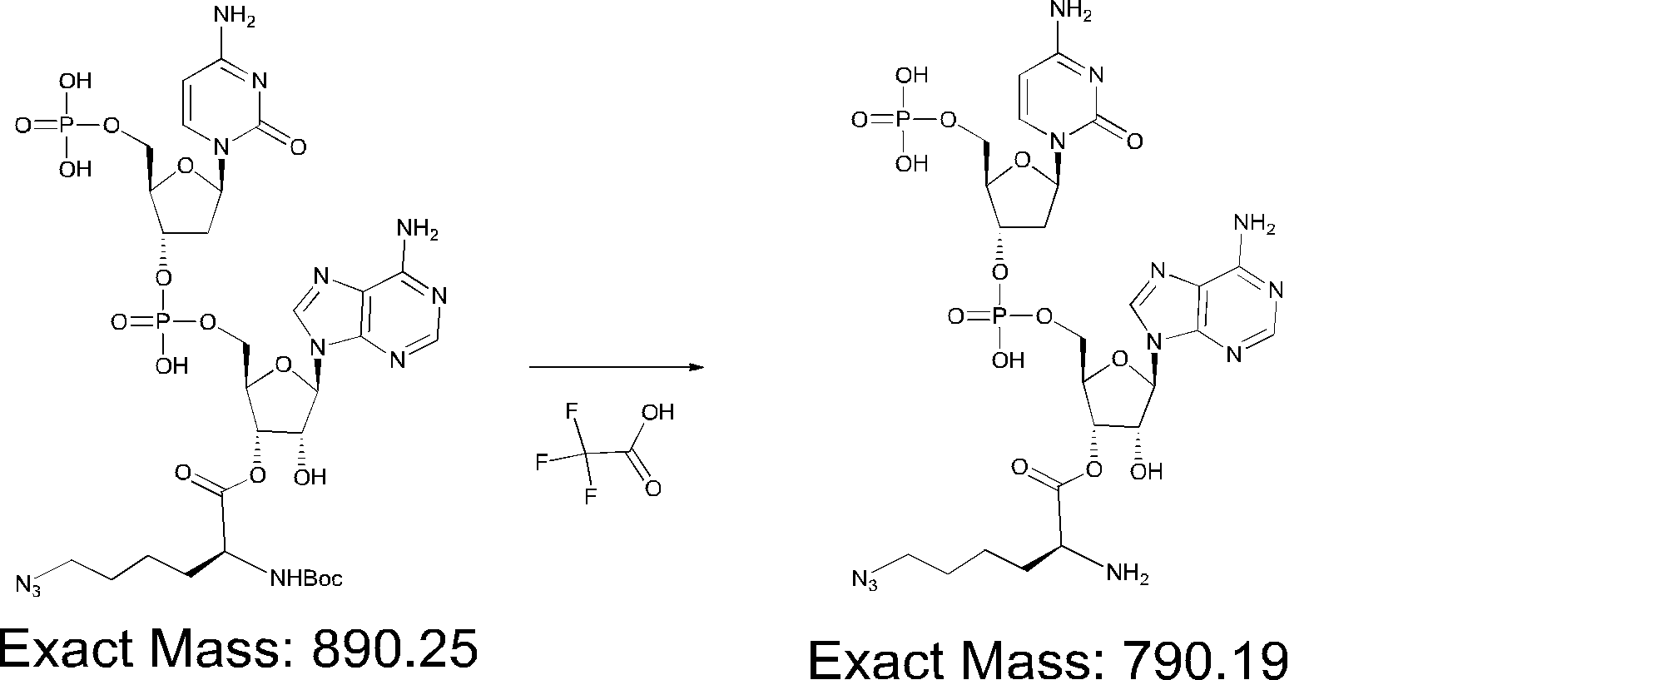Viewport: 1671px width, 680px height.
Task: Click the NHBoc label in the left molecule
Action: click(x=305, y=578)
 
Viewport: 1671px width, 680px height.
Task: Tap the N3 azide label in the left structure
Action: click(x=28, y=585)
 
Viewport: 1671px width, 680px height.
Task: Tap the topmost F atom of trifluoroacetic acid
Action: click(x=571, y=411)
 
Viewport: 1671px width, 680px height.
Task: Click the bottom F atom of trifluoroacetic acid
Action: click(x=591, y=498)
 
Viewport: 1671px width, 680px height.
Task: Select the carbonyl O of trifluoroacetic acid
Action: click(x=653, y=489)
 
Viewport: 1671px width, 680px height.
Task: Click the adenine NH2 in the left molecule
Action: click(x=418, y=229)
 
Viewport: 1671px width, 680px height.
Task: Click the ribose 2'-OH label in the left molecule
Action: click(x=310, y=477)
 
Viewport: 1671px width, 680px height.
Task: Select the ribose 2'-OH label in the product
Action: click(x=1147, y=472)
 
